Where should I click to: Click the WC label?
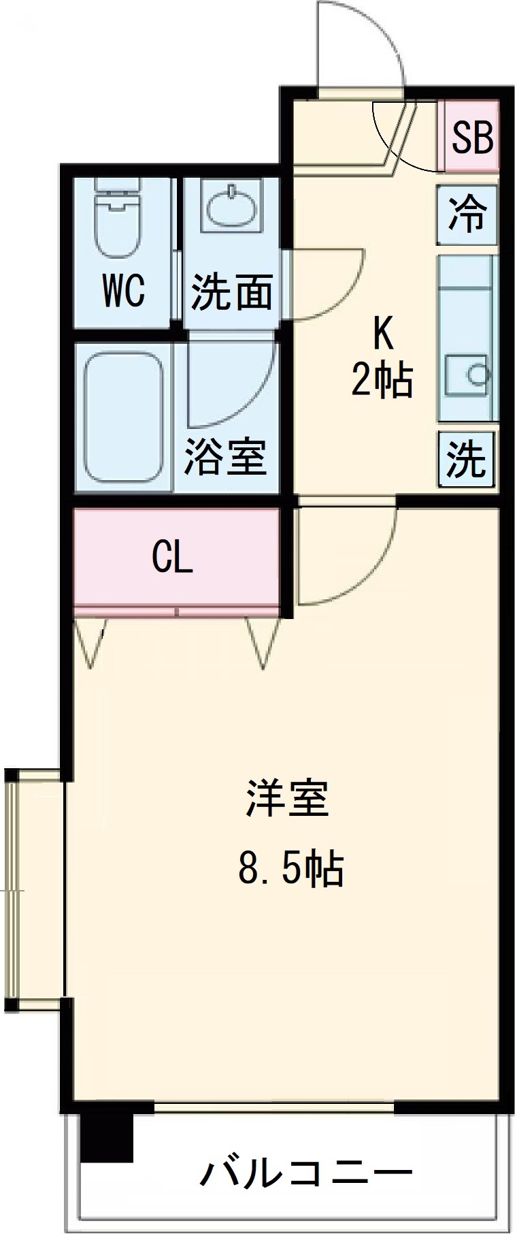[123, 291]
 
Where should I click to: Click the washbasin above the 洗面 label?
[231, 206]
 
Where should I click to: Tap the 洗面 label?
[231, 292]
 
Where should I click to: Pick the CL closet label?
[172, 558]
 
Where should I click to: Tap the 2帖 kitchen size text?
[382, 381]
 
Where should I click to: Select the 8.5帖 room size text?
[290, 868]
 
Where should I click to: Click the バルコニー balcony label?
[306, 1173]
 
